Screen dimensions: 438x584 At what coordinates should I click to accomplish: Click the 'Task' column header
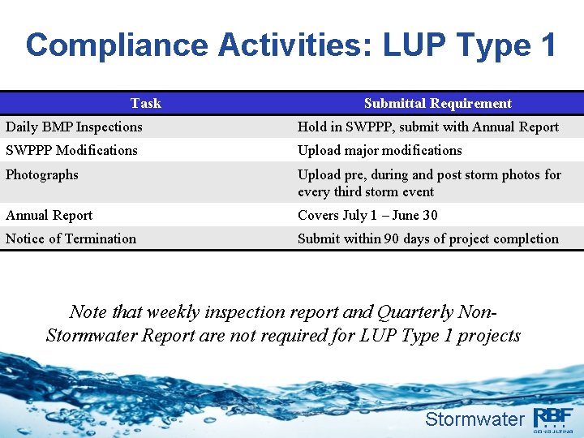pos(146,103)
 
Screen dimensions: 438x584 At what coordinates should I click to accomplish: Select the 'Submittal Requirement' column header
pos(437,103)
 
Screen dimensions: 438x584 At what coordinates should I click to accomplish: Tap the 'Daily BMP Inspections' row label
pos(74,127)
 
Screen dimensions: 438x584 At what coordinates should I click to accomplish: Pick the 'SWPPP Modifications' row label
pos(71,150)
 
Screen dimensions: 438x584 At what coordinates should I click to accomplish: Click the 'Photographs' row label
pos(42,174)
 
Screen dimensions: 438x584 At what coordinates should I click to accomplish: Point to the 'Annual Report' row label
pos(49,215)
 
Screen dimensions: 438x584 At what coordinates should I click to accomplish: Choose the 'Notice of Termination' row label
pos(71,238)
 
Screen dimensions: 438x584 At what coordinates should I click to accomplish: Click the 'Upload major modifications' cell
pos(380,150)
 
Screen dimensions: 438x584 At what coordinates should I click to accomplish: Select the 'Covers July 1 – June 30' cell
pos(367,215)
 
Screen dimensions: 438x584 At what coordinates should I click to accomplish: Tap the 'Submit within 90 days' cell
pos(428,238)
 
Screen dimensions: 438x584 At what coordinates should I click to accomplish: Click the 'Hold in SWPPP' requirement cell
pos(428,127)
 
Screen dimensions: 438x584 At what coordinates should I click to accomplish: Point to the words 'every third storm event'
pos(366,191)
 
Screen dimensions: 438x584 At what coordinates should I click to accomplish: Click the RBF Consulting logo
pos(553,419)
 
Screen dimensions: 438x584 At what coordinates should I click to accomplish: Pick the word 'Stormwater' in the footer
pos(474,419)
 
